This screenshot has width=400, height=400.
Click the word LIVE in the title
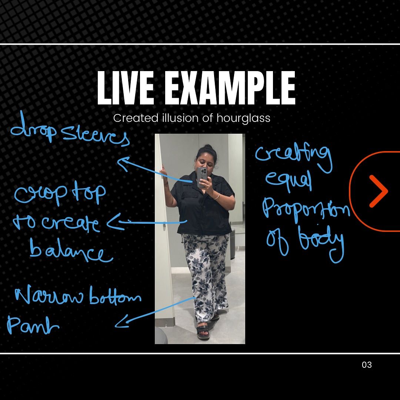pos(126,88)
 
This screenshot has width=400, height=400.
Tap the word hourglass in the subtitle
pos(243,119)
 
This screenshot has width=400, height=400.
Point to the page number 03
pos(367,365)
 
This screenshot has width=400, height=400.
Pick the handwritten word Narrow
pos(49,296)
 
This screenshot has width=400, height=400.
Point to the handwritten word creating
pos(294,156)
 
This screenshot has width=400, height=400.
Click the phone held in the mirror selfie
pos(202,177)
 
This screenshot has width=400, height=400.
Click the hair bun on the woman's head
pos(208,147)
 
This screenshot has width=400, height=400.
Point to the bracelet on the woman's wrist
pos(217,196)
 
